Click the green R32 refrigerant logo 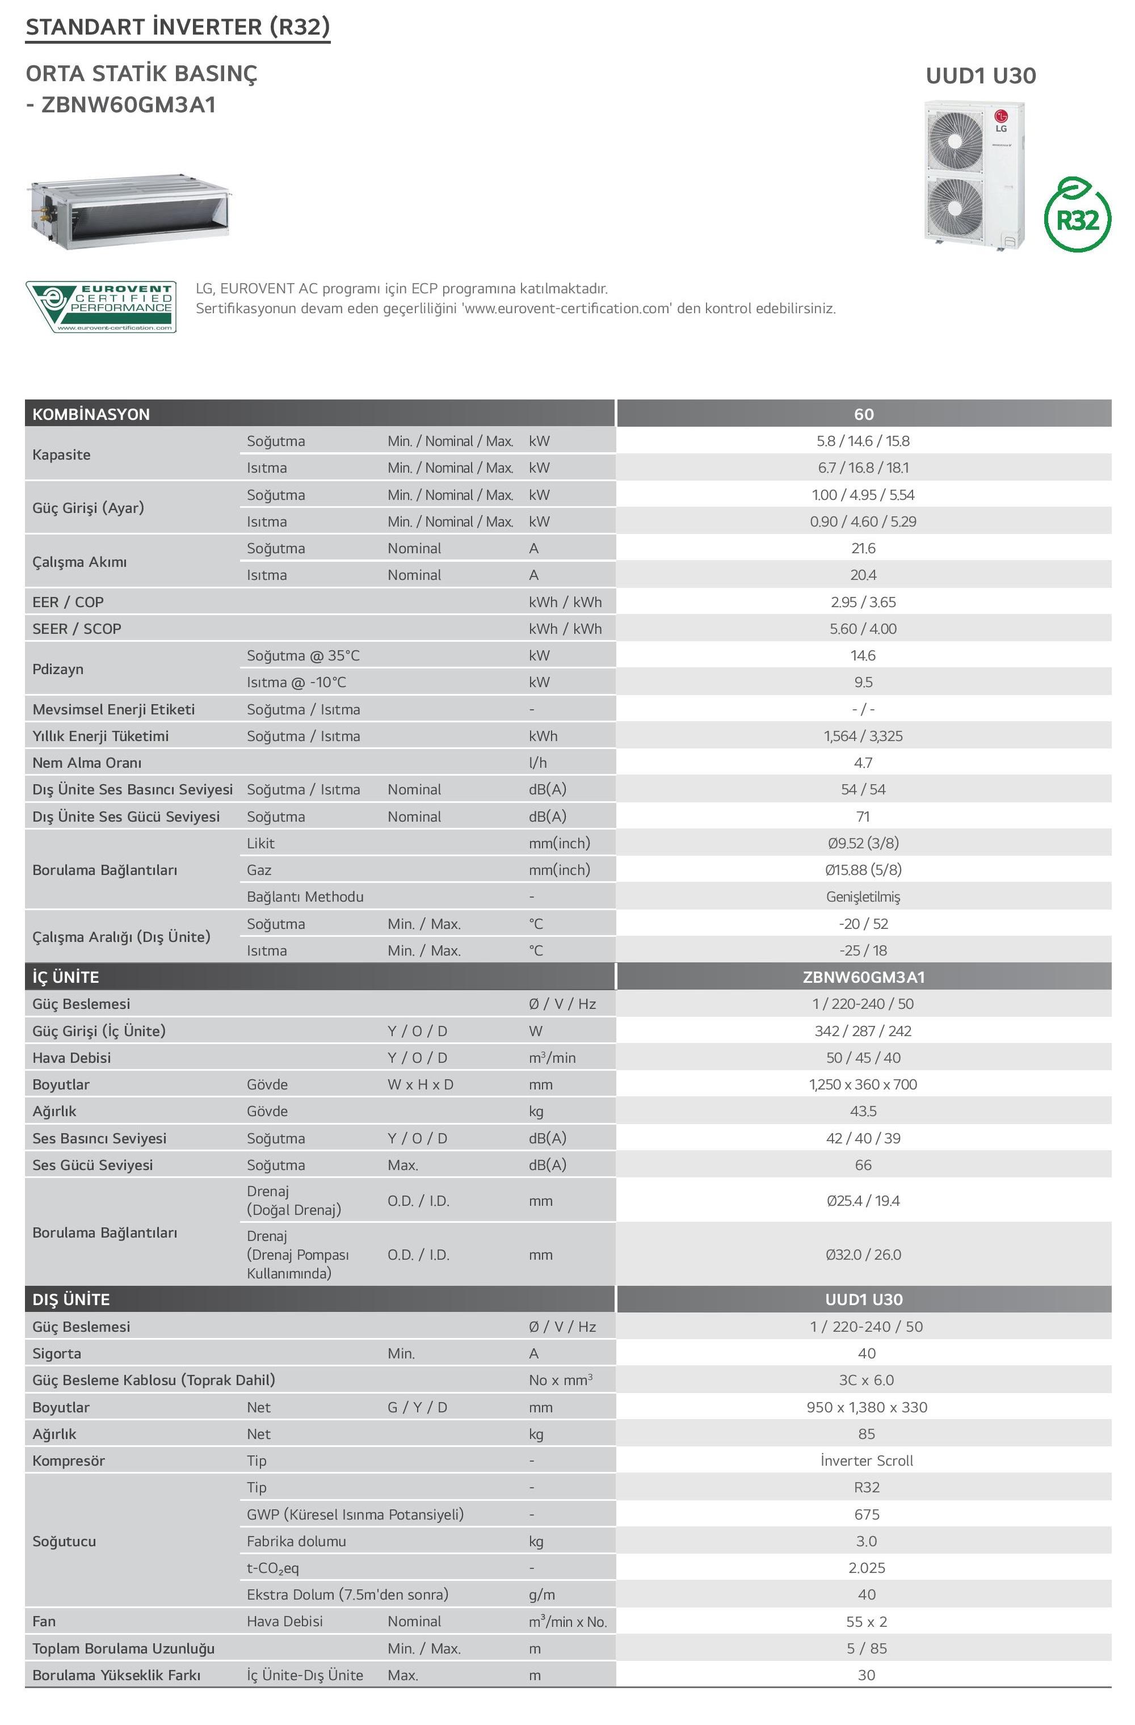[x=1077, y=217]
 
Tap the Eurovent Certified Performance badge [x=102, y=308]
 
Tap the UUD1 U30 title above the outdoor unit [x=981, y=75]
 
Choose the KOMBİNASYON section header [x=91, y=414]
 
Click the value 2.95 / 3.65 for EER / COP [x=863, y=601]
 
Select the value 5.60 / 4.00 [x=863, y=628]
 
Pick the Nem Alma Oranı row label [x=87, y=763]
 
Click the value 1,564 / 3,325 [x=863, y=735]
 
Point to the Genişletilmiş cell [x=863, y=897]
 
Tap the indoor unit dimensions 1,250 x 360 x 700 [x=863, y=1084]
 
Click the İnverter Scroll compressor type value [x=866, y=1461]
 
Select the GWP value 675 [x=866, y=1514]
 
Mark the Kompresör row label [x=69, y=1461]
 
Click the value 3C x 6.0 [x=866, y=1380]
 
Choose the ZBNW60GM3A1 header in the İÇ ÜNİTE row [x=863, y=977]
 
